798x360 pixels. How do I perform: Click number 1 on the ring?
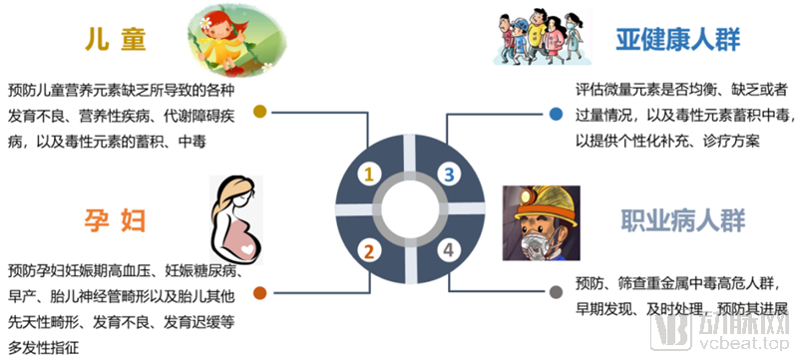tap(368, 175)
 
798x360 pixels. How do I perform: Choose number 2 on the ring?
tap(368, 250)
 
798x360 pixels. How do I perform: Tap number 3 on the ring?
tap(449, 175)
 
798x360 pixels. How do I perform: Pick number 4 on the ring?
tap(449, 250)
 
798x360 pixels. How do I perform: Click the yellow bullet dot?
tap(260, 111)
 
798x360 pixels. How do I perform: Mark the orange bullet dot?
tap(260, 292)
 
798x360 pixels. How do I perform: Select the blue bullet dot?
tap(556, 113)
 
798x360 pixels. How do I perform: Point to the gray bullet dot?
tap(556, 292)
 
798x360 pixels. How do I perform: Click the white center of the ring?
tap(408, 211)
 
